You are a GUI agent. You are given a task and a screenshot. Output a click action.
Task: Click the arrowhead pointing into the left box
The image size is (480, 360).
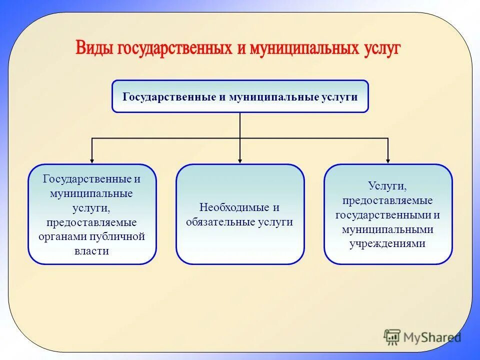click(x=92, y=160)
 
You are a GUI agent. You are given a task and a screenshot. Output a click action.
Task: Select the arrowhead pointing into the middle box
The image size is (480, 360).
click(x=240, y=160)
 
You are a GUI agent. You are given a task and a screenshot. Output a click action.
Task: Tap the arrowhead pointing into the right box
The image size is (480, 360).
click(x=388, y=160)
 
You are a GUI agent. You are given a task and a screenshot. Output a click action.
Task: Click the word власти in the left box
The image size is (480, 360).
click(x=92, y=251)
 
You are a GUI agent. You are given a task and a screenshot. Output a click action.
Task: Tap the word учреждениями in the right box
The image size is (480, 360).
click(x=388, y=244)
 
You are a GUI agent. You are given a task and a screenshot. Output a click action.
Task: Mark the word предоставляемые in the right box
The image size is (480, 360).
click(x=388, y=200)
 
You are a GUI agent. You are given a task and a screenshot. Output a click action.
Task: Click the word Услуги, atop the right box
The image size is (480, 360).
click(x=388, y=185)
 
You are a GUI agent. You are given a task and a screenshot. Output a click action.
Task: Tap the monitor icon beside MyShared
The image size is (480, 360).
click(x=392, y=337)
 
